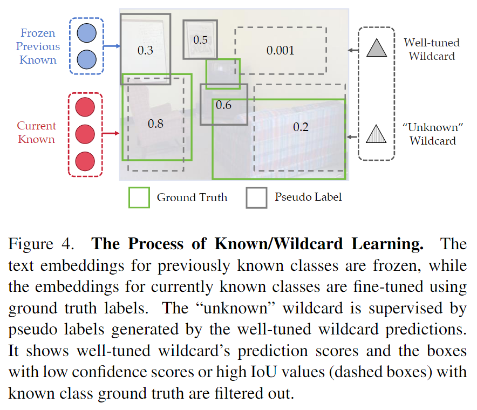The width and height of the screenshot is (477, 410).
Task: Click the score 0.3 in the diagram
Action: click(146, 51)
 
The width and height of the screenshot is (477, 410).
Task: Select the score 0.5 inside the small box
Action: click(200, 39)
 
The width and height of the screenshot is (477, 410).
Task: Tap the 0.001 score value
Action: click(281, 51)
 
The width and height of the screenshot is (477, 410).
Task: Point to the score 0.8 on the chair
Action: click(155, 124)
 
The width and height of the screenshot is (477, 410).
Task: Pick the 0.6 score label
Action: click(223, 105)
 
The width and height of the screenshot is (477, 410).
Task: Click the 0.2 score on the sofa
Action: click(301, 127)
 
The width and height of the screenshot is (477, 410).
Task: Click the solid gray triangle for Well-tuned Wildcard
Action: click(377, 48)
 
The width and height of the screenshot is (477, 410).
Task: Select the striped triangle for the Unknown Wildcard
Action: click(377, 133)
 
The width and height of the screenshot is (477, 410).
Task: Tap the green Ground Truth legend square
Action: click(139, 197)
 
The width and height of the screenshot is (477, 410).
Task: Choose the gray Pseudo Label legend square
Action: click(256, 197)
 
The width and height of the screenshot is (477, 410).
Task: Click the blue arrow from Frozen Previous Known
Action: click(112, 47)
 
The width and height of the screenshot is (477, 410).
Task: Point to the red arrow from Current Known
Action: click(111, 133)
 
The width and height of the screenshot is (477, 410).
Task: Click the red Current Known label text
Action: click(36, 133)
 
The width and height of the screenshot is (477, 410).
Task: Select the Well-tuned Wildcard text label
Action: click(432, 49)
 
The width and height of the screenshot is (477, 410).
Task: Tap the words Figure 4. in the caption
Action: click(40, 244)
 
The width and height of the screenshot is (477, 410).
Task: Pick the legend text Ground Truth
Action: click(192, 197)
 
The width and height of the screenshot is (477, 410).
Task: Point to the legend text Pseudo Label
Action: click(308, 197)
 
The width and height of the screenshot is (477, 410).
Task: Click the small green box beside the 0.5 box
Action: click(223, 73)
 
